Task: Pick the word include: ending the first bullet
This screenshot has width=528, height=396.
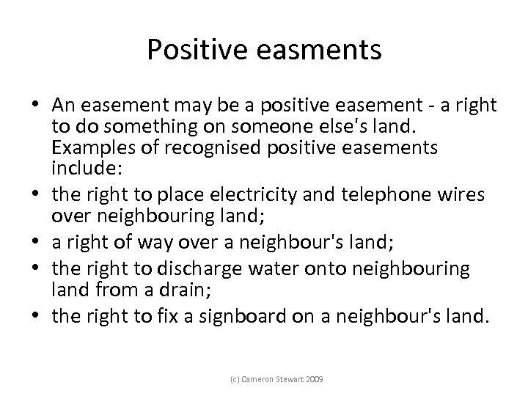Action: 78,167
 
